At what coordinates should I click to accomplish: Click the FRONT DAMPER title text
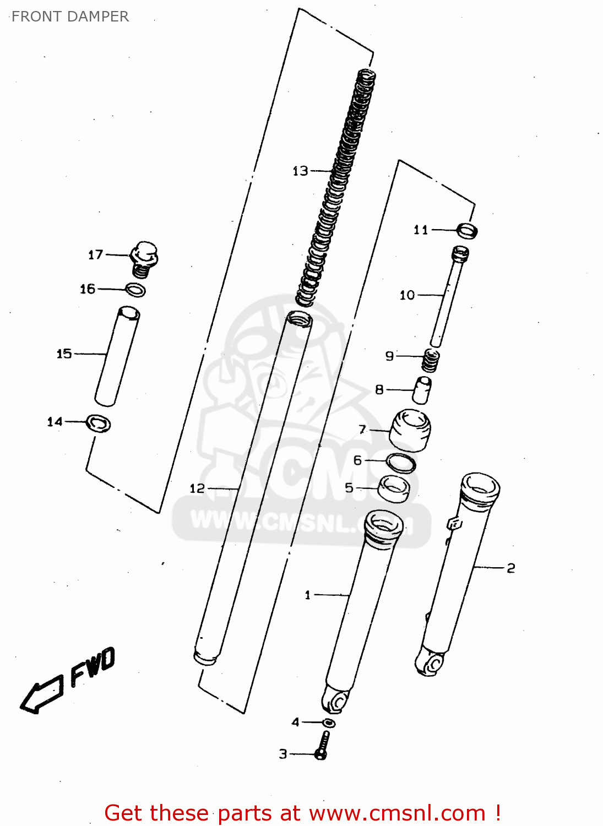(x=70, y=17)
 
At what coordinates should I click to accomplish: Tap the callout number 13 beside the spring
(x=300, y=171)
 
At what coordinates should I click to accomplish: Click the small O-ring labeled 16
(x=135, y=289)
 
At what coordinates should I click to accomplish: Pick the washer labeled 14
(x=99, y=423)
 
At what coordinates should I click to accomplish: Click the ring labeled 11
(x=468, y=230)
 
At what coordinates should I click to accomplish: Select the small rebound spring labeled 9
(x=431, y=360)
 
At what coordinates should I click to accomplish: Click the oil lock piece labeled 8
(x=422, y=390)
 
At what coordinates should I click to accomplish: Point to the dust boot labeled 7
(x=410, y=430)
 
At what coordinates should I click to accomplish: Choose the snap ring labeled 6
(x=400, y=463)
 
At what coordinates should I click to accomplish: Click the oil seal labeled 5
(x=394, y=489)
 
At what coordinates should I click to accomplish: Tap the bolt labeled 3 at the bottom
(x=323, y=747)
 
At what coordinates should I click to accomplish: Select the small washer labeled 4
(x=329, y=723)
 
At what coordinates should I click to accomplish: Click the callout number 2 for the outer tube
(x=510, y=568)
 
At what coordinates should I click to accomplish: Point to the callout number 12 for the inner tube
(x=197, y=488)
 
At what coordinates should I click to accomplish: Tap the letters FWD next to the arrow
(x=93, y=667)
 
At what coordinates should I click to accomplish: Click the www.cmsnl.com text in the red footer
(x=397, y=813)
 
